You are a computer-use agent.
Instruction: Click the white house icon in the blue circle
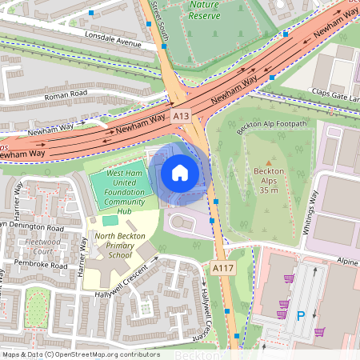tap(180, 173)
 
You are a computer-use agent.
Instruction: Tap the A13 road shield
tap(181, 117)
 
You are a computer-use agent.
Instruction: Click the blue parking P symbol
tap(302, 315)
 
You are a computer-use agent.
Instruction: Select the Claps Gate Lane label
tap(336, 94)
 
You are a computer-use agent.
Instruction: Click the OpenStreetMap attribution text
tap(81, 354)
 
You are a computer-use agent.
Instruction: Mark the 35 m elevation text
tap(268, 190)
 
